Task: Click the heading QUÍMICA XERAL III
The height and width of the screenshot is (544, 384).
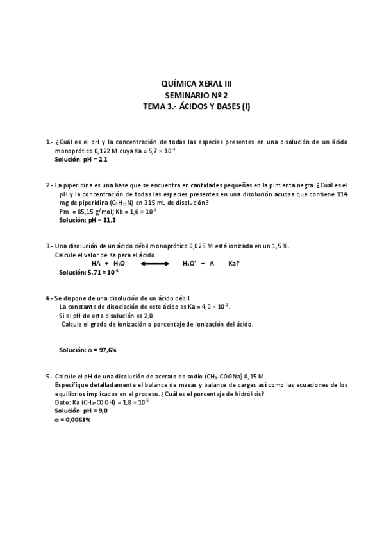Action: pos(192,83)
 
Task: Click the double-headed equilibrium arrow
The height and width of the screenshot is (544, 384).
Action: pos(152,264)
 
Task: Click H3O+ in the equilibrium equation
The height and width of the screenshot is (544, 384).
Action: pos(189,264)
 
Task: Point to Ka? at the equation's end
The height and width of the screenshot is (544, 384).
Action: pos(234,264)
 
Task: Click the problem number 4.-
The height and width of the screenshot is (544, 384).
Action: pos(49,298)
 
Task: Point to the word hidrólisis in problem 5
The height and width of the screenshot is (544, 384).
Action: pos(250,393)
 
